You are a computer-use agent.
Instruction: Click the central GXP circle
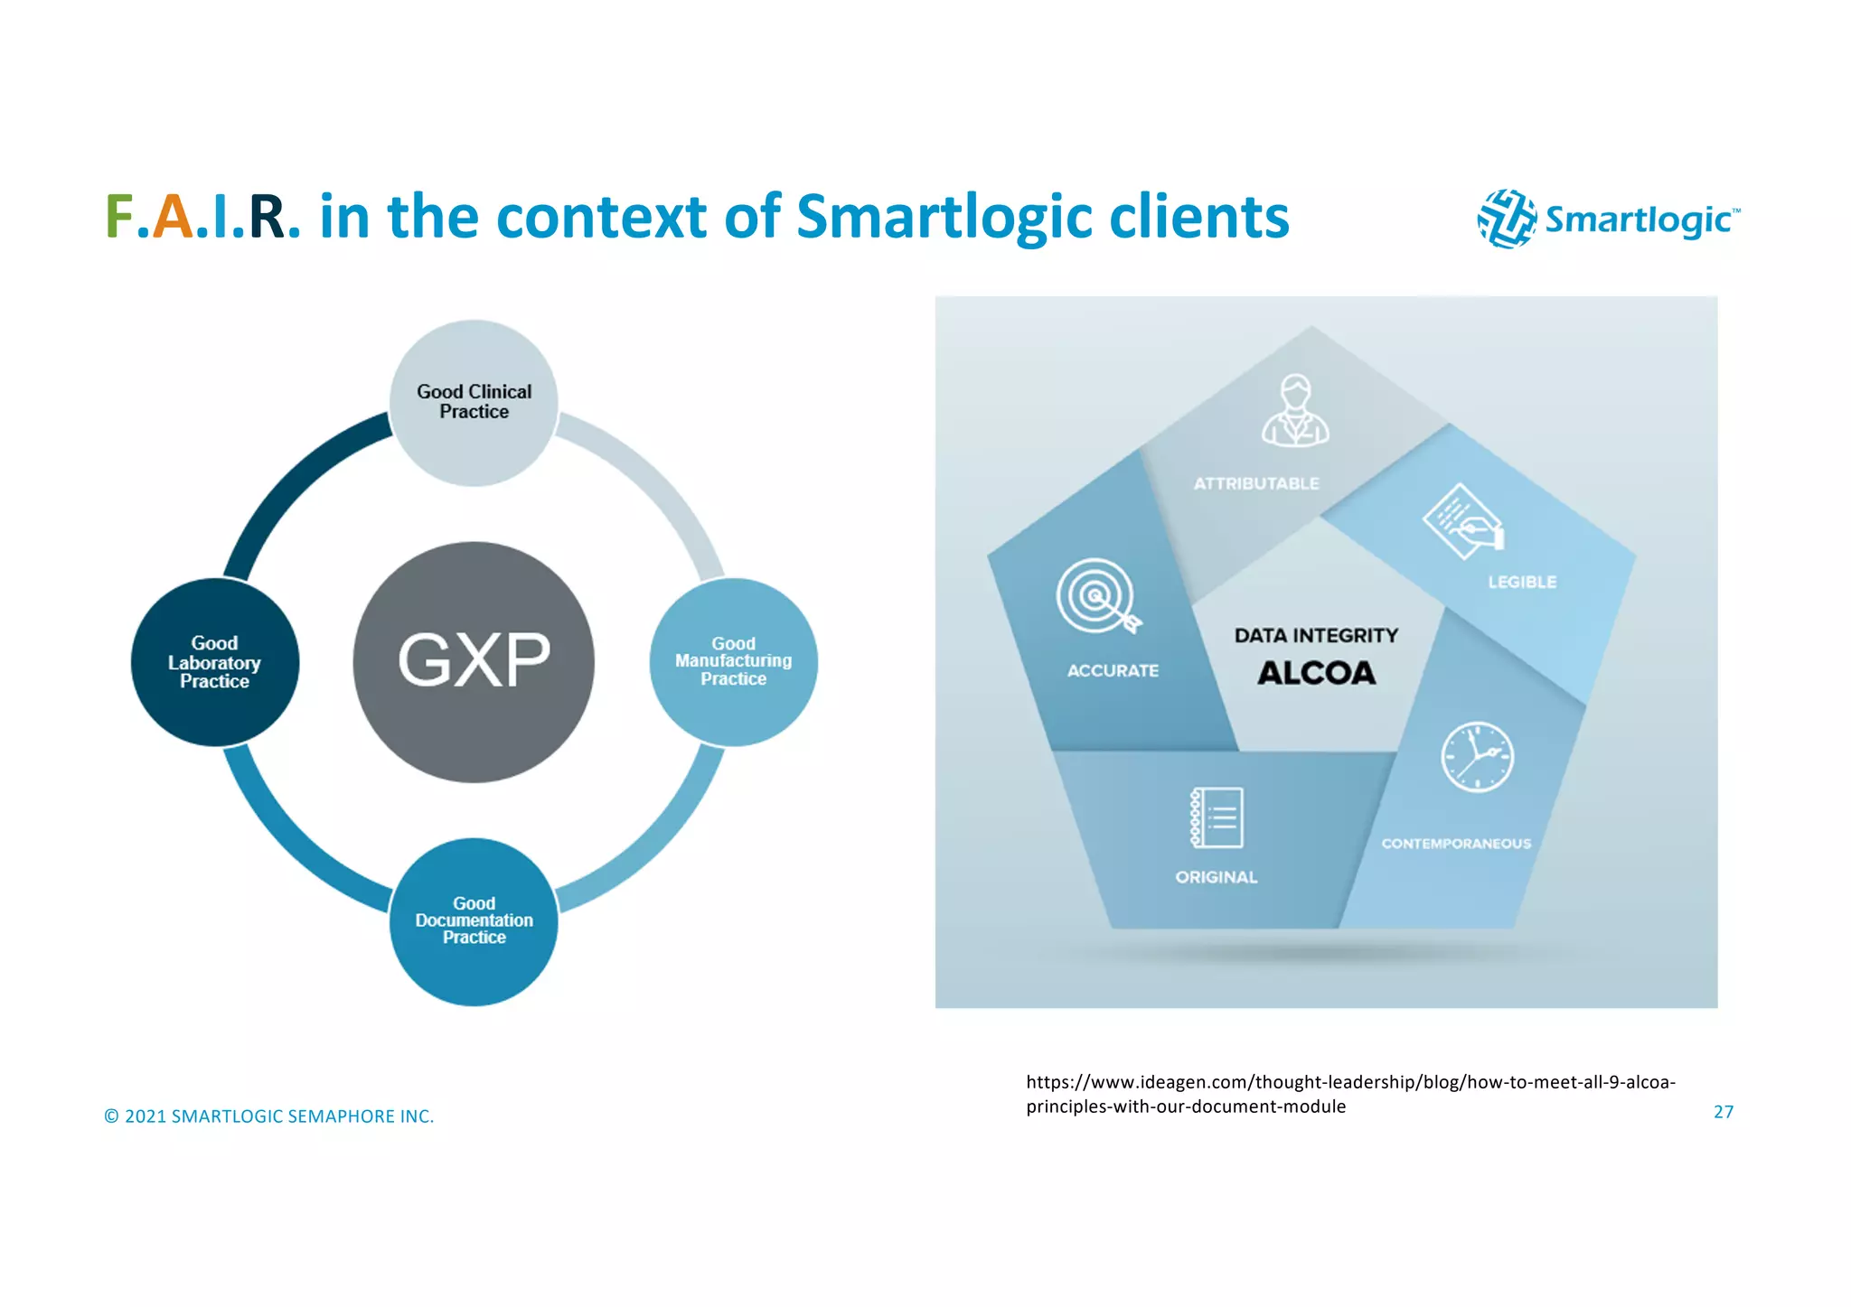[474, 661]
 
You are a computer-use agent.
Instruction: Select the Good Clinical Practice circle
[474, 402]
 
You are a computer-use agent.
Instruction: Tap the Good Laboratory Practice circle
[214, 662]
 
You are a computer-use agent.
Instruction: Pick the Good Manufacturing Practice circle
[733, 661]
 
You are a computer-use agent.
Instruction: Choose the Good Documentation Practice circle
[474, 920]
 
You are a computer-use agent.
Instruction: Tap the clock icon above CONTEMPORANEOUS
[1477, 757]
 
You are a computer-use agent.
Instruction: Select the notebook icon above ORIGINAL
[1217, 817]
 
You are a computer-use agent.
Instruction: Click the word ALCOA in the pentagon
[1316, 673]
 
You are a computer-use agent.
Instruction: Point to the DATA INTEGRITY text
[1316, 636]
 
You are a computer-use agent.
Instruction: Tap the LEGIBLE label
[1522, 583]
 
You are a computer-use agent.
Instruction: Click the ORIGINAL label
[1216, 877]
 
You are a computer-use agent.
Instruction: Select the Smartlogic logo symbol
[1507, 219]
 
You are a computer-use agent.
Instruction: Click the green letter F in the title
[119, 218]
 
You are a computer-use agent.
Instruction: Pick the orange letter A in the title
[172, 218]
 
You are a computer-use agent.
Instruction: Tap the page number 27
[1723, 1112]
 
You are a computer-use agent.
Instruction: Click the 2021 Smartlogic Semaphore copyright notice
[269, 1116]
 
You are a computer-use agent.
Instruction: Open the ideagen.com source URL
[1350, 1094]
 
